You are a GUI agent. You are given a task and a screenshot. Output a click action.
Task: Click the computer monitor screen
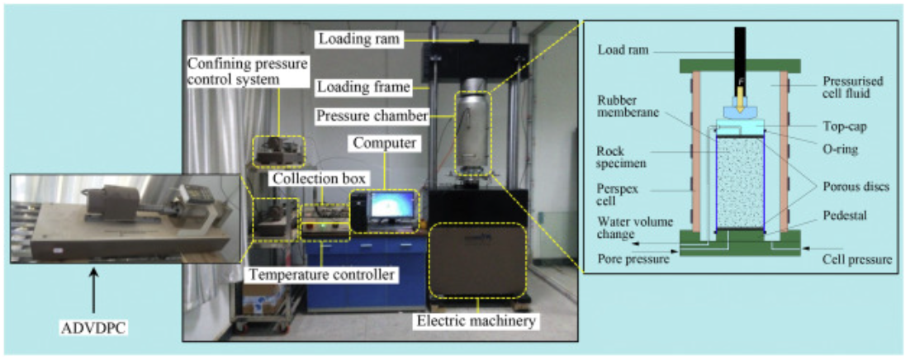393,208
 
